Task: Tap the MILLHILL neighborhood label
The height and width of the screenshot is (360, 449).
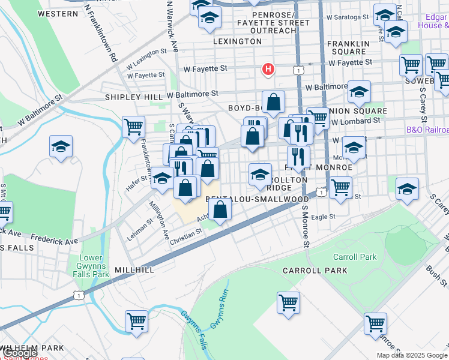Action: pyautogui.click(x=134, y=271)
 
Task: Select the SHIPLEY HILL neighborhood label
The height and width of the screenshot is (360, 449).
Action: pyautogui.click(x=134, y=97)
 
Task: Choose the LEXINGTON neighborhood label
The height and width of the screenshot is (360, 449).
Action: pyautogui.click(x=238, y=41)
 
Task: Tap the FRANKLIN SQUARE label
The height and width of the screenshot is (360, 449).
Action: pyautogui.click(x=348, y=47)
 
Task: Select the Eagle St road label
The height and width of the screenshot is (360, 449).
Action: pyautogui.click(x=322, y=217)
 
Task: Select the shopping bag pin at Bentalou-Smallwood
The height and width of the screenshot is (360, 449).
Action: pyautogui.click(x=221, y=210)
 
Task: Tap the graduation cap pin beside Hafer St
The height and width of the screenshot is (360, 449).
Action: pyautogui.click(x=162, y=178)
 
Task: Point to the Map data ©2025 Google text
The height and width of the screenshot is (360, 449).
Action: pyautogui.click(x=412, y=355)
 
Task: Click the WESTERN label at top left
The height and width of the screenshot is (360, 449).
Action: pyautogui.click(x=57, y=13)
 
